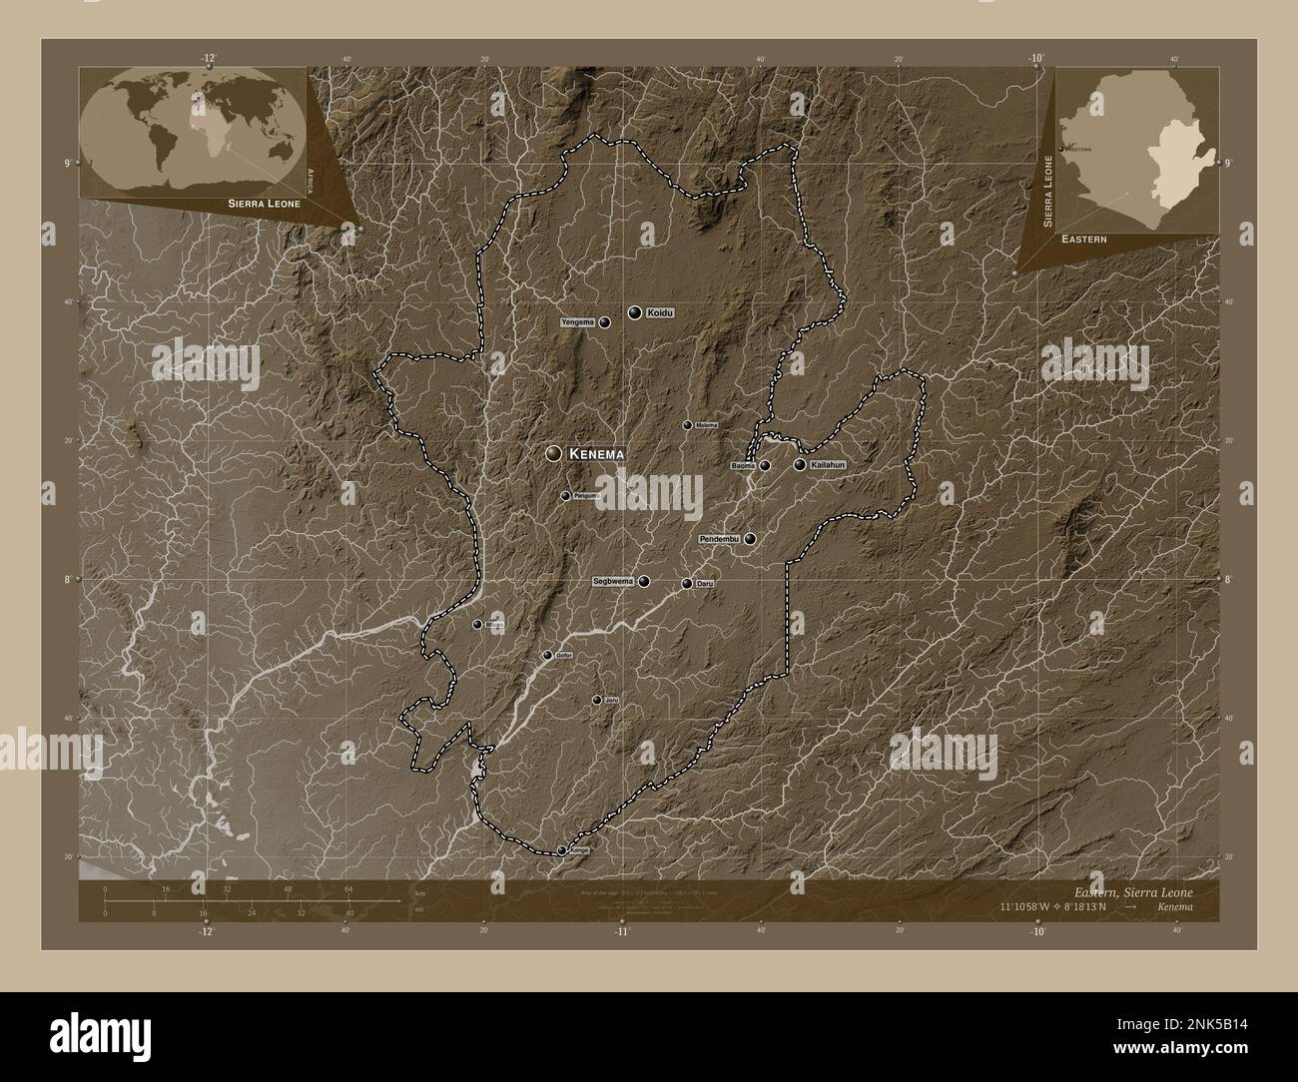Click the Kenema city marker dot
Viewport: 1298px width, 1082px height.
point(552,453)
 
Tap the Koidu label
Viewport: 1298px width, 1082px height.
point(660,312)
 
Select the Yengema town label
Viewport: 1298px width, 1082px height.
point(578,322)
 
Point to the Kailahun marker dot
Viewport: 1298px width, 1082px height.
point(800,464)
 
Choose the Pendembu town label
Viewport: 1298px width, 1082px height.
point(718,539)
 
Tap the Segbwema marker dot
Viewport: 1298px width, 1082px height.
point(644,581)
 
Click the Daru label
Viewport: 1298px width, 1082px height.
point(704,583)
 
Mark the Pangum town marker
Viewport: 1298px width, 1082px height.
point(565,496)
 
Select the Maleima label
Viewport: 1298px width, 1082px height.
point(707,425)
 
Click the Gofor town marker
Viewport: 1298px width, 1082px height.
point(547,656)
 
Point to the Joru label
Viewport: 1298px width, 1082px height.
point(612,700)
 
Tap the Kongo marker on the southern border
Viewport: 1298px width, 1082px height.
point(562,850)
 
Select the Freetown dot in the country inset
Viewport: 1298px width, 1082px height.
point(1060,149)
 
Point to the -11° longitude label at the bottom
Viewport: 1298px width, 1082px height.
point(621,931)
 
